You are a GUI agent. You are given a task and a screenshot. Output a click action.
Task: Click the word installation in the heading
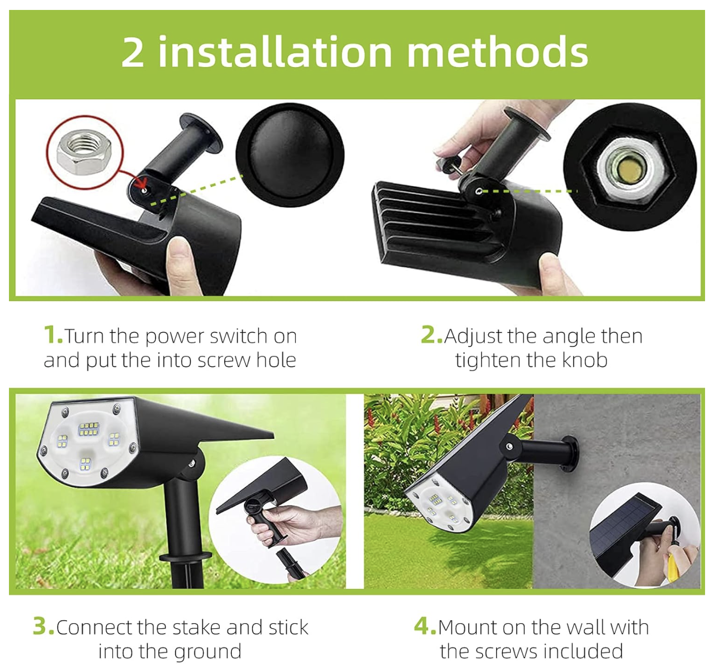click(275, 51)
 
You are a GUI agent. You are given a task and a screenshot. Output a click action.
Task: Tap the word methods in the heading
click(498, 51)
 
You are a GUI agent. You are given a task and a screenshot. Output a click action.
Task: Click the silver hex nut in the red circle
click(84, 152)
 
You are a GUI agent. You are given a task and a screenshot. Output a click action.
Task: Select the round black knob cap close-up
click(290, 155)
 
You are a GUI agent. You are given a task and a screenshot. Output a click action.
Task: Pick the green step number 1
click(53, 335)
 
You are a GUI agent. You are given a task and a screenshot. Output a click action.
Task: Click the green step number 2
click(431, 335)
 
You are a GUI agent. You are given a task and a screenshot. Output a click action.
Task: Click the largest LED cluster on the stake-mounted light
click(89, 429)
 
